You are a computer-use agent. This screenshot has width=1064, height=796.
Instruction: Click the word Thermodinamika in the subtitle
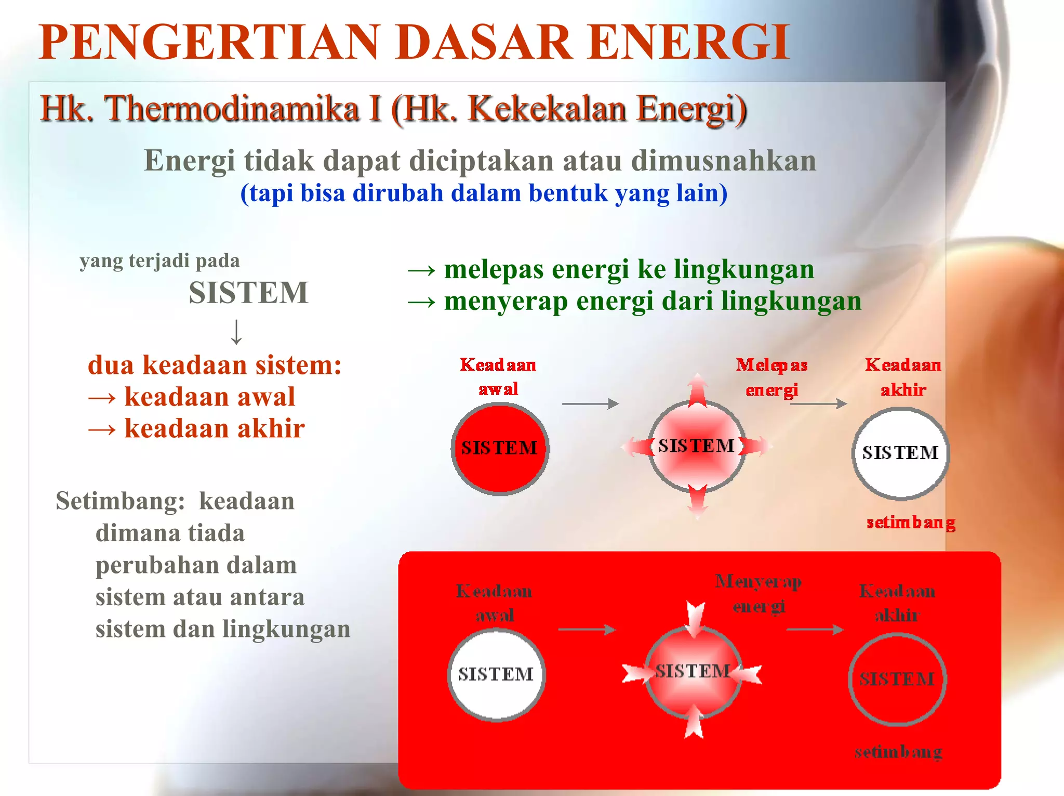pyautogui.click(x=232, y=109)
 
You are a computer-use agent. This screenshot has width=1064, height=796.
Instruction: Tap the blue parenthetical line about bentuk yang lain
pyautogui.click(x=483, y=193)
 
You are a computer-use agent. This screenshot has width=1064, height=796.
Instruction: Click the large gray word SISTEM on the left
pyautogui.click(x=248, y=293)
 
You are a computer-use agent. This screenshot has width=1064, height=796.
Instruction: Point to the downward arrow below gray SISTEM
pyautogui.click(x=236, y=332)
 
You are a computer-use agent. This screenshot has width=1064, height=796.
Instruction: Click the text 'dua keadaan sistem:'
pyautogui.click(x=215, y=365)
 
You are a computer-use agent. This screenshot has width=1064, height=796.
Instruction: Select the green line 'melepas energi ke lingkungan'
pyautogui.click(x=629, y=269)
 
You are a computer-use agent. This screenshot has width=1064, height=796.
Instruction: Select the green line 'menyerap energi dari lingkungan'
pyautogui.click(x=652, y=302)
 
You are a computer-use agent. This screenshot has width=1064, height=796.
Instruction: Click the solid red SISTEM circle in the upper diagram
pyautogui.click(x=500, y=449)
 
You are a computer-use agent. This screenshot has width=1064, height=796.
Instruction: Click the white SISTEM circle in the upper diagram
pyautogui.click(x=900, y=453)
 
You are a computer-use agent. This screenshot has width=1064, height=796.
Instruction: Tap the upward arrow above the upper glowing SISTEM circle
pyautogui.click(x=698, y=389)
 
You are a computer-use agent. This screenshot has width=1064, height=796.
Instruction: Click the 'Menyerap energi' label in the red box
pyautogui.click(x=759, y=593)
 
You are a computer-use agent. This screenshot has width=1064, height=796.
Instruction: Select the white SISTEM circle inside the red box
pyautogui.click(x=496, y=674)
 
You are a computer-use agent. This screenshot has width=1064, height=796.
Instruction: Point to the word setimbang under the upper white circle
pyautogui.click(x=911, y=523)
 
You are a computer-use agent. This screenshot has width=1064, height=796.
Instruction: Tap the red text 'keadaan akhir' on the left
pyautogui.click(x=214, y=429)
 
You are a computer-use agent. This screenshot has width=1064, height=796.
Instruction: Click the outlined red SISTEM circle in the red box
pyautogui.click(x=897, y=679)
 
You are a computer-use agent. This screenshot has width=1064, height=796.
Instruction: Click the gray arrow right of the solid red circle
pyautogui.click(x=590, y=403)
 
